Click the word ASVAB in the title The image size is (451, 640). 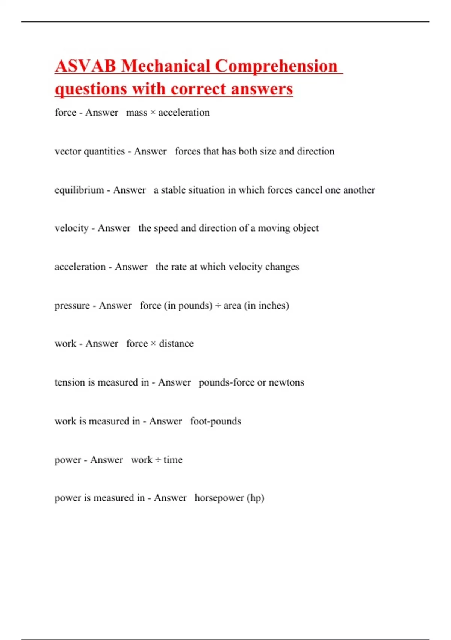[85, 66]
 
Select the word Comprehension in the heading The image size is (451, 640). [276, 66]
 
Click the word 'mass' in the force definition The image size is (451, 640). [137, 113]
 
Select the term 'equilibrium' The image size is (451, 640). [79, 190]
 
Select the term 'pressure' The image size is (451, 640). [72, 306]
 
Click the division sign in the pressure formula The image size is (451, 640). [218, 306]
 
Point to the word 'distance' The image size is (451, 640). [176, 344]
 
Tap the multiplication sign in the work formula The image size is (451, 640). [153, 344]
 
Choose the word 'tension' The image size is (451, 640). [70, 382]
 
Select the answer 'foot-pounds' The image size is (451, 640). [215, 421]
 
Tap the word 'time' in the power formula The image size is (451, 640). [173, 460]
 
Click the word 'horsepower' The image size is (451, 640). [219, 498]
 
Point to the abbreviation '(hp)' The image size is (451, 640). [256, 498]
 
